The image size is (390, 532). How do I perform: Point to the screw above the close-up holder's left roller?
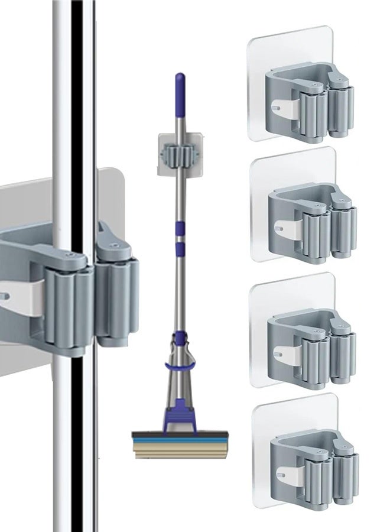click(71, 255)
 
